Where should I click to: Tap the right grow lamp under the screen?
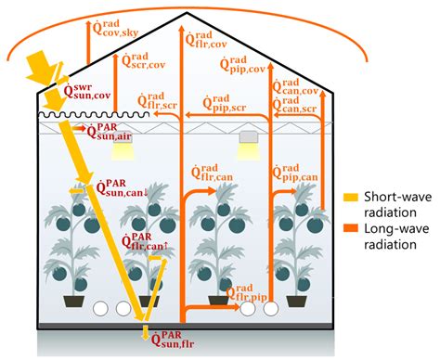click(247, 138)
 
